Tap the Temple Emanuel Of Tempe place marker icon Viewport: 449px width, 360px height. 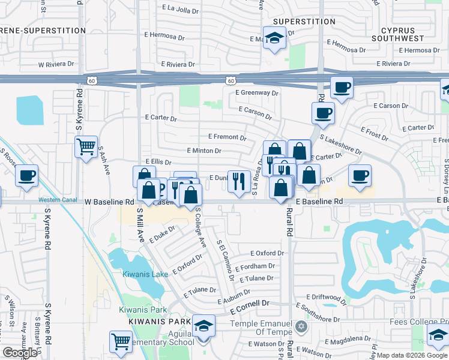[301, 327]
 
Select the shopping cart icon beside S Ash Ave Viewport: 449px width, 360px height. [86, 146]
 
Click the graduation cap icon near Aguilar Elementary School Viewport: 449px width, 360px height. [204, 325]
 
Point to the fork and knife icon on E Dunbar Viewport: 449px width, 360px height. [239, 181]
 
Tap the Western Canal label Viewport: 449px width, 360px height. [58, 200]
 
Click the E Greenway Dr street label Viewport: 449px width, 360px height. [257, 93]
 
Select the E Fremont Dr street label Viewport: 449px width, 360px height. [227, 137]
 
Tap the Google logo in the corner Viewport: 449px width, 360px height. [20, 353]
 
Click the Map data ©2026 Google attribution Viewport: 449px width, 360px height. [412, 355]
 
